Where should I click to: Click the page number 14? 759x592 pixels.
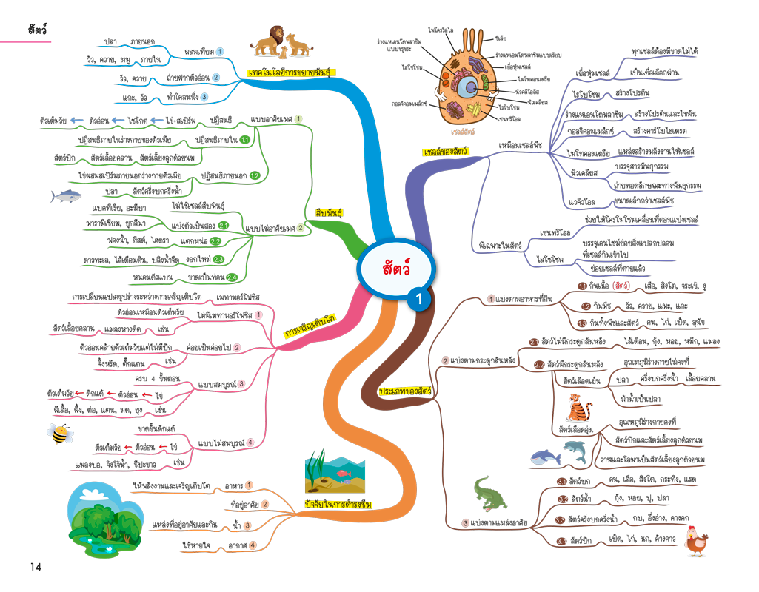(36, 567)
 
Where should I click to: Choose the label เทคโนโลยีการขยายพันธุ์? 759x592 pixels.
(288, 73)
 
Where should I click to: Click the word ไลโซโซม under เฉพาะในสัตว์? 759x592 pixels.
(549, 259)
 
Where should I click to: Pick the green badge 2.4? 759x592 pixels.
(232, 277)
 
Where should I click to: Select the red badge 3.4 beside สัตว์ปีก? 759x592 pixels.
(562, 541)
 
